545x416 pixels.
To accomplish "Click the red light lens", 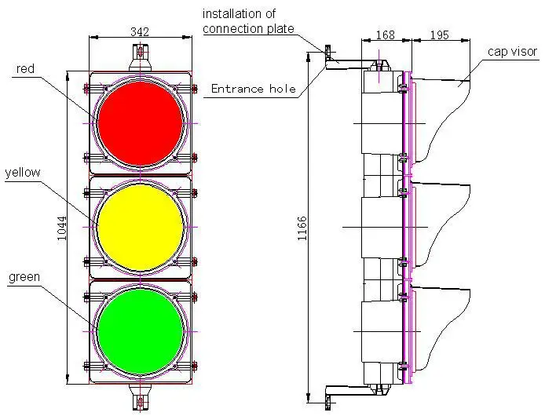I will [x=141, y=122].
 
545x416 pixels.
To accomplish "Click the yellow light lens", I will [x=141, y=227].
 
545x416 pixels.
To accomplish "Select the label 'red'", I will [x=26, y=69].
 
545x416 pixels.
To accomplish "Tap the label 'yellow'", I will [x=22, y=172].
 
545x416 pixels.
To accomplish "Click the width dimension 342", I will [x=141, y=31].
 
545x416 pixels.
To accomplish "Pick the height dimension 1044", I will [x=64, y=228].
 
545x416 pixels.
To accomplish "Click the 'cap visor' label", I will [x=511, y=52].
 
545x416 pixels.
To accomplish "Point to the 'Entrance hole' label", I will [x=253, y=89].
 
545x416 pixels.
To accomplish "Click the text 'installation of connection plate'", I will [x=249, y=21].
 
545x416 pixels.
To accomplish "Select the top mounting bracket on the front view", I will [x=141, y=56].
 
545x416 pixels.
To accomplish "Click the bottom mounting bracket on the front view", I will [x=141, y=400].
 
